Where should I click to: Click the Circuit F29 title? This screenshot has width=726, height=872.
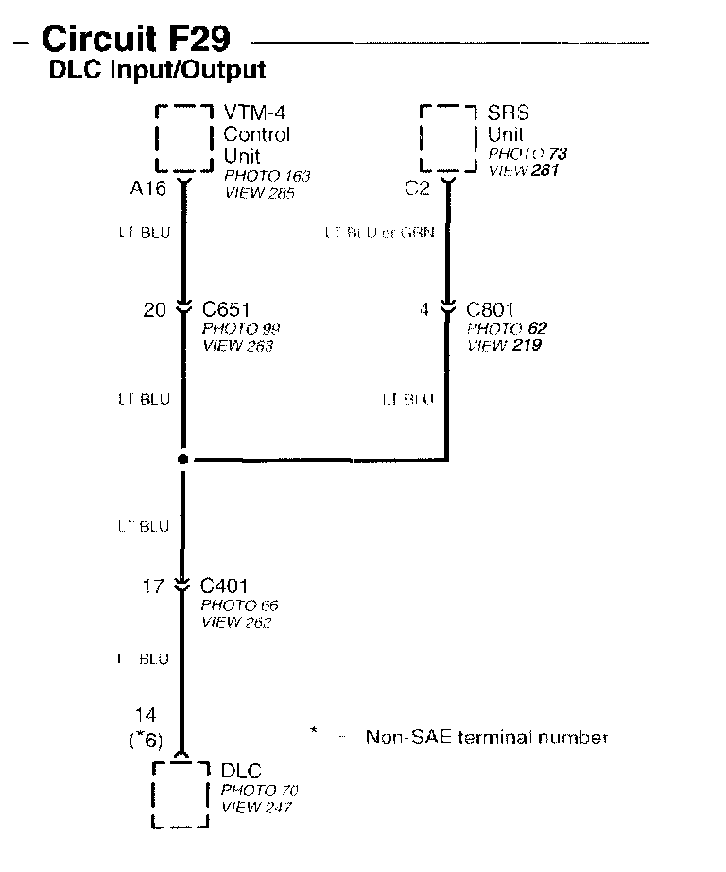pyautogui.click(x=135, y=40)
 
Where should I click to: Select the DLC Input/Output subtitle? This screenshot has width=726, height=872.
pyautogui.click(x=156, y=70)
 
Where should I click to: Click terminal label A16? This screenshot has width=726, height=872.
pyautogui.click(x=147, y=188)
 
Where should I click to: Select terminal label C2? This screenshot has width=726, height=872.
pyautogui.click(x=417, y=188)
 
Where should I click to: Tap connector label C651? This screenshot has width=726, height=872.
pyautogui.click(x=223, y=309)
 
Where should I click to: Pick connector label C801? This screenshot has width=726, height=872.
pyautogui.click(x=487, y=309)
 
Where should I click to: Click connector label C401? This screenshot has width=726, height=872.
pyautogui.click(x=223, y=586)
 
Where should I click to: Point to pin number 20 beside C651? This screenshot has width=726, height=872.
pyautogui.click(x=154, y=309)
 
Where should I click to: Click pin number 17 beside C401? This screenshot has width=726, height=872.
pyautogui.click(x=153, y=586)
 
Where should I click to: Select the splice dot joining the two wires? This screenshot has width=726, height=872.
pyautogui.click(x=183, y=460)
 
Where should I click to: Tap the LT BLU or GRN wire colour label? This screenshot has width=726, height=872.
pyautogui.click(x=379, y=232)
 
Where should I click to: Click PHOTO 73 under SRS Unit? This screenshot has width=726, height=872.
pyautogui.click(x=527, y=153)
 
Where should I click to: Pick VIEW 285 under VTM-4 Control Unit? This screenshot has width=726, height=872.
pyautogui.click(x=260, y=193)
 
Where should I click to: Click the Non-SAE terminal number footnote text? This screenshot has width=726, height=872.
pyautogui.click(x=486, y=738)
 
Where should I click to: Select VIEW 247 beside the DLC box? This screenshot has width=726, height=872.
pyautogui.click(x=256, y=808)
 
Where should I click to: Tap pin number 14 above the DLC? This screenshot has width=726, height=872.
pyautogui.click(x=146, y=716)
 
